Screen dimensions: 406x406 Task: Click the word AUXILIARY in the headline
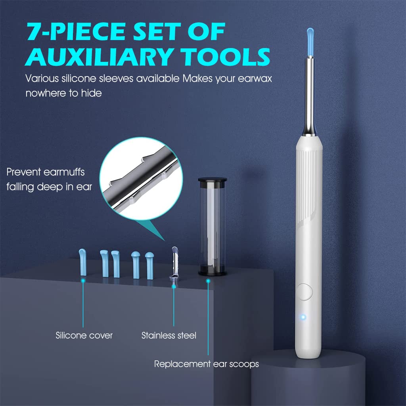pyautogui.click(x=100, y=56)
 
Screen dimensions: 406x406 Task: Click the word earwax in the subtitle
pyautogui.click(x=255, y=79)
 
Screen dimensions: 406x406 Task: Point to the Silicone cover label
pyautogui.click(x=84, y=335)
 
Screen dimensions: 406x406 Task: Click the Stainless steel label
pyautogui.click(x=169, y=335)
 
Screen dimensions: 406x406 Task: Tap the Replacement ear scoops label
pyautogui.click(x=206, y=364)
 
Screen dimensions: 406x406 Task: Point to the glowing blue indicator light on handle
pyautogui.click(x=303, y=317)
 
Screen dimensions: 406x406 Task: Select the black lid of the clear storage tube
pyautogui.click(x=213, y=180)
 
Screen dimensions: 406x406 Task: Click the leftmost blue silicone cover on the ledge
pyautogui.click(x=82, y=262)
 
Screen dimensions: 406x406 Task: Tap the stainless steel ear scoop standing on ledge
pyautogui.click(x=174, y=264)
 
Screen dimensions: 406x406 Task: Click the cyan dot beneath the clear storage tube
pyautogui.click(x=208, y=281)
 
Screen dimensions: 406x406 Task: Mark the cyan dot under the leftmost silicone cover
pyautogui.click(x=83, y=280)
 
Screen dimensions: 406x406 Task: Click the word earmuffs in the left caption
pyautogui.click(x=64, y=172)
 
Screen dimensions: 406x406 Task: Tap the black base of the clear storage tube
pyautogui.click(x=213, y=273)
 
